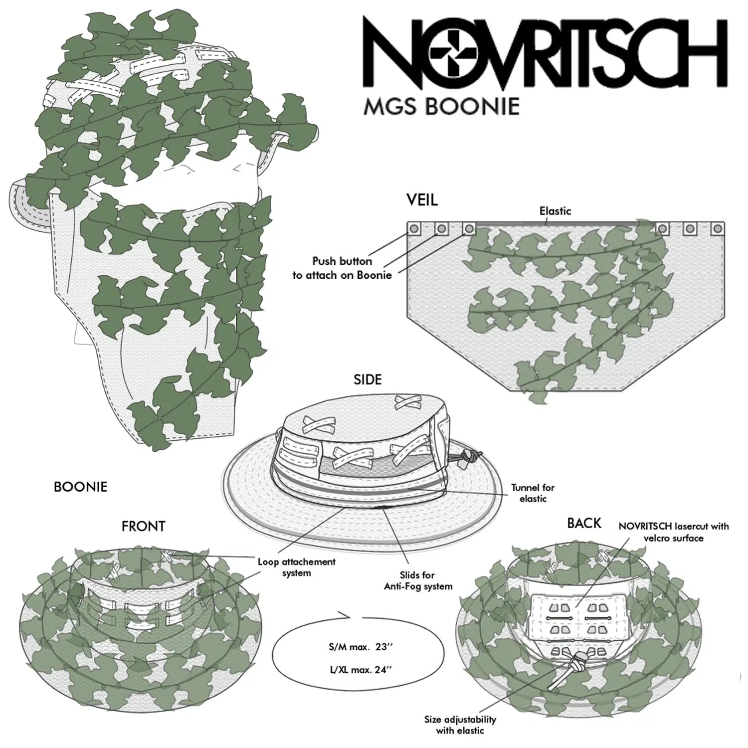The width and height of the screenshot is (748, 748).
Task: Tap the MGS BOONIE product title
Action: tap(441, 106)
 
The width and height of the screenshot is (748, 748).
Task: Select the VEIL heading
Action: tap(422, 200)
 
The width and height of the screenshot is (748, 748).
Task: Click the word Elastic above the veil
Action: tap(555, 211)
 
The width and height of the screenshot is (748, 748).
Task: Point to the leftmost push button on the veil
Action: tap(414, 229)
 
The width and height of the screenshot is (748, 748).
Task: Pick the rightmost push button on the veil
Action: tap(718, 229)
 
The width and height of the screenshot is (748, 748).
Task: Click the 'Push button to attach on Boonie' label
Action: tap(342, 268)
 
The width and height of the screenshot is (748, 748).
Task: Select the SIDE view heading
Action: tap(368, 380)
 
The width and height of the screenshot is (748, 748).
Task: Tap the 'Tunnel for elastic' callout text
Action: tap(533, 493)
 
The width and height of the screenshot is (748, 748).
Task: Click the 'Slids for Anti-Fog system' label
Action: tap(418, 581)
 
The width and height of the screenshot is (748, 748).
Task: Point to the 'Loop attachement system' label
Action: tap(296, 567)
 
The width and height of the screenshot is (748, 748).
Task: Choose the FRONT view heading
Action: tap(143, 527)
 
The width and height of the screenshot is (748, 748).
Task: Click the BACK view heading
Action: tap(584, 523)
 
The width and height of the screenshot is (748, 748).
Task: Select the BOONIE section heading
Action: tap(80, 487)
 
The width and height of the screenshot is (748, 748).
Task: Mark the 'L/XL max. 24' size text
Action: tap(359, 670)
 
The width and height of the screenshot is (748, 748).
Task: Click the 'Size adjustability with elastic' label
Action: tap(460, 725)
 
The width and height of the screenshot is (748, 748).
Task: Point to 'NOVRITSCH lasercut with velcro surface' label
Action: tap(673, 532)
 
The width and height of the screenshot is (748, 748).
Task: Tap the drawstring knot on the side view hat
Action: tap(468, 455)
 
